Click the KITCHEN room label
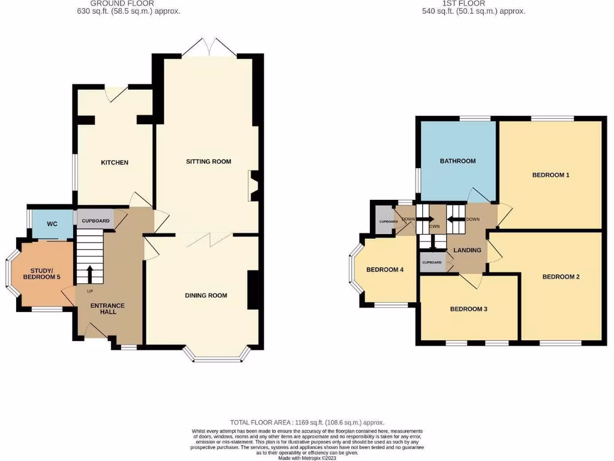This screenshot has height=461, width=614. (114, 163)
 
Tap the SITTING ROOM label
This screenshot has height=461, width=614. (208, 161)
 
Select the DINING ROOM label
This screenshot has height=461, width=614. (206, 295)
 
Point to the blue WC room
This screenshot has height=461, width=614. (52, 224)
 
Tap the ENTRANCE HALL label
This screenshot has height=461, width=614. (107, 309)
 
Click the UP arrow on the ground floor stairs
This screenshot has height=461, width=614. (89, 274)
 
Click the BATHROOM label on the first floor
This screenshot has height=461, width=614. (458, 161)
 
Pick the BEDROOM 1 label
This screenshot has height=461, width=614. (550, 175)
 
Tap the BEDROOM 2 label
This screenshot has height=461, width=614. (561, 277)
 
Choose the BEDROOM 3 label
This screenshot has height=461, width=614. (468, 309)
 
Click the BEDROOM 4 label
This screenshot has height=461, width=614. (384, 270)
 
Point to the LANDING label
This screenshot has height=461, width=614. (468, 250)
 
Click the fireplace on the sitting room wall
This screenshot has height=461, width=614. (254, 185)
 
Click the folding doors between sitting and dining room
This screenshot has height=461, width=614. (207, 239)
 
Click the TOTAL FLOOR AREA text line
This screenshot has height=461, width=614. (307, 423)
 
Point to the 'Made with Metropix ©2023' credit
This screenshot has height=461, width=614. (307, 458)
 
